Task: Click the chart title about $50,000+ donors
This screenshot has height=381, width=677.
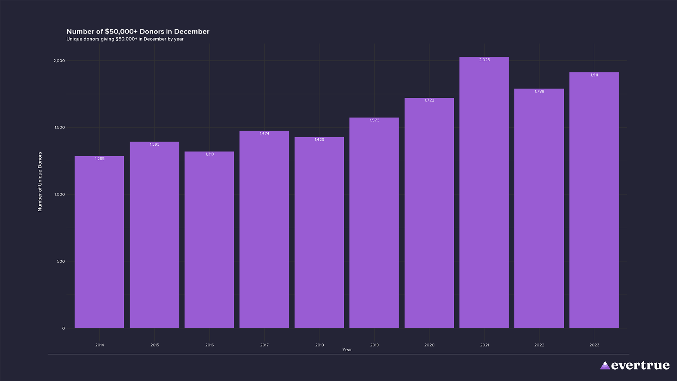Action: pos(138,31)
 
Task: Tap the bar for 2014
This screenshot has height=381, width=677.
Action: pos(99,243)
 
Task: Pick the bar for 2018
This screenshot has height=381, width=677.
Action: pos(319,233)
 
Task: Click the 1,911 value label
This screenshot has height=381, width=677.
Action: pos(594,75)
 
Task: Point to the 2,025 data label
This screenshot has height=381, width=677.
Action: pos(484,60)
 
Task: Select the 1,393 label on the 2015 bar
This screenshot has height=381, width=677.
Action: pos(154,145)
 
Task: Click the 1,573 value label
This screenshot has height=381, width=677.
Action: pos(374,120)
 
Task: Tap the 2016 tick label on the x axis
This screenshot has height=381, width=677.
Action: pos(209,345)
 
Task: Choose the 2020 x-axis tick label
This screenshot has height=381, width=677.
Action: pos(429,345)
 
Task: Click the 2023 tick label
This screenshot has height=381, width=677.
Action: pos(594,345)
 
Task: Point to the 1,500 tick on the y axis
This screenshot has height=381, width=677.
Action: pos(60,128)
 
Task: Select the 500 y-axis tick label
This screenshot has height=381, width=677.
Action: pos(61,261)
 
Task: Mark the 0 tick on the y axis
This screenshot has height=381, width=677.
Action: pos(63,328)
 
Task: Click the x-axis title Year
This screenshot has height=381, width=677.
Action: pos(347,350)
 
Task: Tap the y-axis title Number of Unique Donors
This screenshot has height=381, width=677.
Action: pos(40,182)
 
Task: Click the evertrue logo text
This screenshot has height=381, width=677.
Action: pos(640,365)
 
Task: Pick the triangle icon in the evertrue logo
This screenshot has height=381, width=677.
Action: pos(605,365)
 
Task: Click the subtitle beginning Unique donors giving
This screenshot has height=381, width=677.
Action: pos(125,39)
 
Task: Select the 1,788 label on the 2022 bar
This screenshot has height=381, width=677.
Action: pos(539,91)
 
